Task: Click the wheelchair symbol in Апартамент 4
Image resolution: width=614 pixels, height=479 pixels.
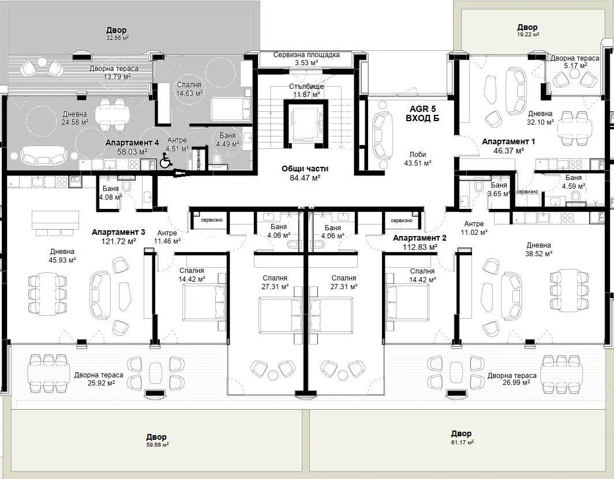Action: [x=166, y=160]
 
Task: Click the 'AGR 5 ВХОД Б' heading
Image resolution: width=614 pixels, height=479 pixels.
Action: [x=422, y=113]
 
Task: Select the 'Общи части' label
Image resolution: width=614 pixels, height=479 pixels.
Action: [x=305, y=169]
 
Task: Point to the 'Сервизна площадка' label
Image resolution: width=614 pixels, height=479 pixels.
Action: [x=306, y=55]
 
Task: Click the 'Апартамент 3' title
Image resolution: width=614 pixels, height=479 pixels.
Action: [x=118, y=232]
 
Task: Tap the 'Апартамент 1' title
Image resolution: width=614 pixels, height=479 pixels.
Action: [x=508, y=141]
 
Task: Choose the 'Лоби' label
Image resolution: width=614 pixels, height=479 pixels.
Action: [x=418, y=155]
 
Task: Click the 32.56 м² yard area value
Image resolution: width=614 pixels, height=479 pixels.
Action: [x=117, y=38]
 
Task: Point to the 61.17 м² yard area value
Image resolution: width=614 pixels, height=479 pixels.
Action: [x=462, y=442]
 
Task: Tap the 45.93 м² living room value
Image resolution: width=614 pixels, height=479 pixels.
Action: [x=63, y=260]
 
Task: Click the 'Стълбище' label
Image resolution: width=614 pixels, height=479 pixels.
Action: [x=306, y=86]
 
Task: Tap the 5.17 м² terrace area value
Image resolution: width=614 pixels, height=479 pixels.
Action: [x=575, y=66]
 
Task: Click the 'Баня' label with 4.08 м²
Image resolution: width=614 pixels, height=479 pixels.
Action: [x=111, y=189]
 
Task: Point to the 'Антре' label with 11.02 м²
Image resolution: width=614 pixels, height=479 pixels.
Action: [x=474, y=224]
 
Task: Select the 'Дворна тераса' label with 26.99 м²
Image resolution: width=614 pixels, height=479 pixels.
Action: [x=512, y=376]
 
